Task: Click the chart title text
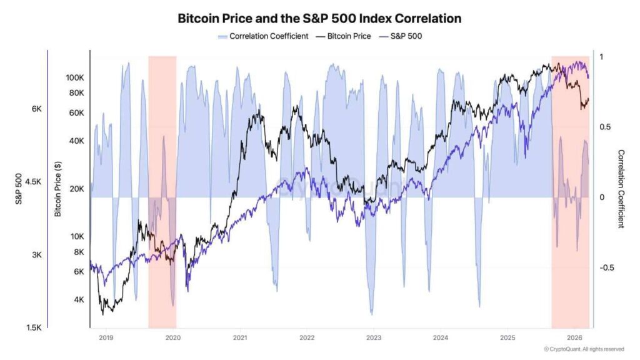tap(319, 18)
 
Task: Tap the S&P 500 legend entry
tap(400, 36)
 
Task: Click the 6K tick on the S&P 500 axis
tap(37, 109)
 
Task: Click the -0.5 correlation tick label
tap(608, 267)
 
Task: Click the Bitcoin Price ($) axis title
tap(58, 188)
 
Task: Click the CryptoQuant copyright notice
tap(583, 349)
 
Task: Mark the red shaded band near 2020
tap(162, 187)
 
